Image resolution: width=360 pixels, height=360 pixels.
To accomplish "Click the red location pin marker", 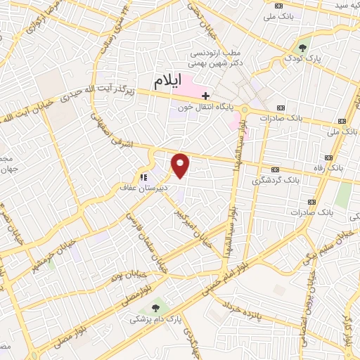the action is pos(181,165).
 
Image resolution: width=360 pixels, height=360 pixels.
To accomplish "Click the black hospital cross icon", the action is pos(205,95).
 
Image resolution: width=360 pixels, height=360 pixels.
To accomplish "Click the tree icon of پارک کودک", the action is pos(303,48).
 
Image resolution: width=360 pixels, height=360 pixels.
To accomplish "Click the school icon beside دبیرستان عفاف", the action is pos(143,178).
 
